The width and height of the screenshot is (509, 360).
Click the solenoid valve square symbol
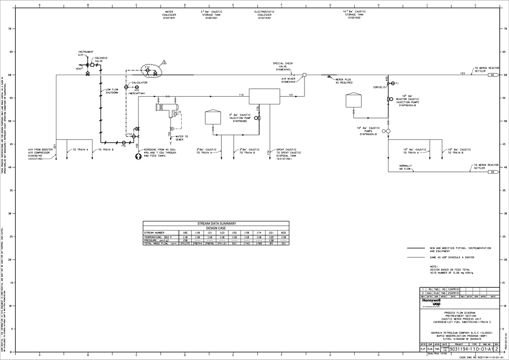click(x=92, y=65)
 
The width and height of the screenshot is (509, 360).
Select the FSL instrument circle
click(x=123, y=143)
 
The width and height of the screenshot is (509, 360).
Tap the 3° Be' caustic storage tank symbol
click(x=213, y=117)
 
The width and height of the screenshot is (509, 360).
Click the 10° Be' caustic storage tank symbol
click(x=353, y=100)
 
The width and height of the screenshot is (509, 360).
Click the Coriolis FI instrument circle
click(x=393, y=83)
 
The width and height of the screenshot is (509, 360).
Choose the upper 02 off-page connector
click(x=493, y=75)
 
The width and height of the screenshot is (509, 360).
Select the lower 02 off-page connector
click(x=493, y=172)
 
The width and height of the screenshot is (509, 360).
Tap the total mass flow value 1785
click(x=258, y=244)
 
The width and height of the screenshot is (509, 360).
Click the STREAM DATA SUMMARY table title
click(x=216, y=223)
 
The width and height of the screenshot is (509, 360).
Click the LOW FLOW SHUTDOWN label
click(x=112, y=91)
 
